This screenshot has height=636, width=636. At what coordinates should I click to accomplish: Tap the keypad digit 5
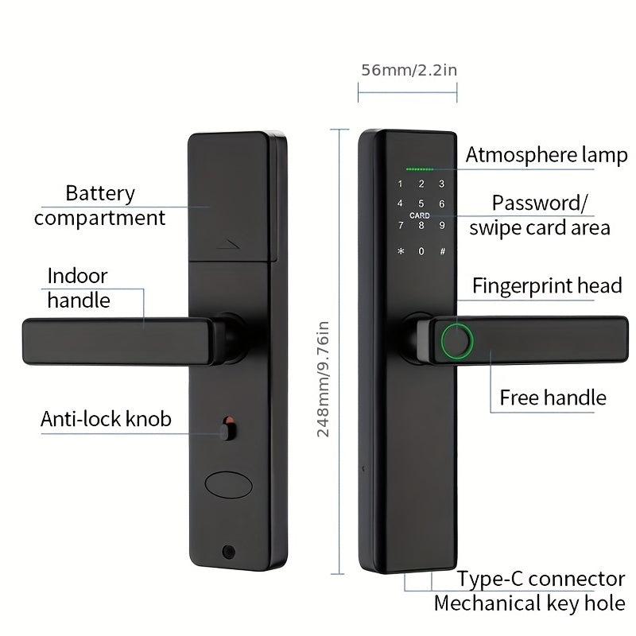(x=421, y=204)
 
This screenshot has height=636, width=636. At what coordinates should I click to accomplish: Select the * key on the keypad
(x=401, y=252)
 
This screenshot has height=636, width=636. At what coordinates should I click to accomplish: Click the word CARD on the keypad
(x=420, y=216)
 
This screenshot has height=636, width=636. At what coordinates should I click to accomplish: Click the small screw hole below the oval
(x=230, y=550)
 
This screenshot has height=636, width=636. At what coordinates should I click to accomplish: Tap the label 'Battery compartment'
(x=100, y=205)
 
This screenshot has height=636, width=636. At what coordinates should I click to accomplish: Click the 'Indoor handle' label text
(x=78, y=288)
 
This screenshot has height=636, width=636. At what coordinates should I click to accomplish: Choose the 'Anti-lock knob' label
(x=106, y=419)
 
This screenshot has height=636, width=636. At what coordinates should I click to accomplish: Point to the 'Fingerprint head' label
(x=547, y=286)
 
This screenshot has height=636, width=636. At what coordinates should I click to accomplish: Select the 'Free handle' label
(x=553, y=397)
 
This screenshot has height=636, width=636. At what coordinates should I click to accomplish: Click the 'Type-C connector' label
(x=541, y=578)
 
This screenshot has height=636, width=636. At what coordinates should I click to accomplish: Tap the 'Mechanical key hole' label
(x=529, y=603)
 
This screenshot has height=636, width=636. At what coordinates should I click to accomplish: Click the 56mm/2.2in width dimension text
(x=409, y=69)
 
